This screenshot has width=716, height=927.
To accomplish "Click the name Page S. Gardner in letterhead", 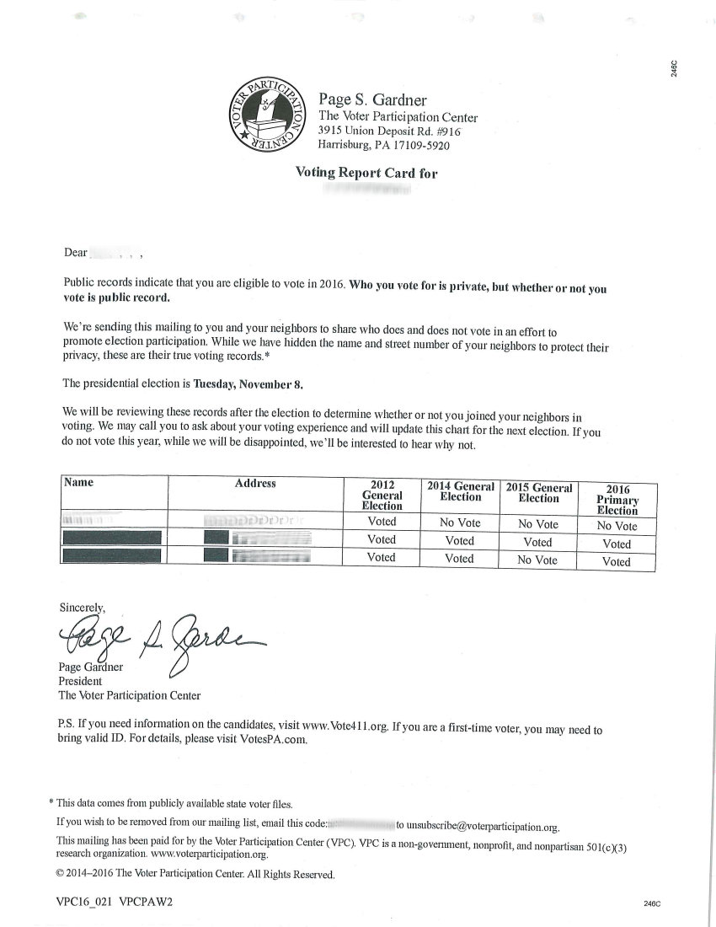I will click(372, 99).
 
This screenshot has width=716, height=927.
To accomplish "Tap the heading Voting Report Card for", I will click(366, 173).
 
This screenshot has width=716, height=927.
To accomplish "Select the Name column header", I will click(78, 483).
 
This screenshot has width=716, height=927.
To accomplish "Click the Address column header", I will click(255, 484).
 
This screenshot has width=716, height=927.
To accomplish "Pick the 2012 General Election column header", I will click(382, 496).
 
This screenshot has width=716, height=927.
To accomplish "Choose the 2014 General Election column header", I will click(460, 491).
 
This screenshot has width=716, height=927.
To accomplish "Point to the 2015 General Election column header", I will click(538, 493).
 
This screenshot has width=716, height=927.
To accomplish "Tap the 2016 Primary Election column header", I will click(617, 499).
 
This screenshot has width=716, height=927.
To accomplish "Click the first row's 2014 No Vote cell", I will click(460, 522).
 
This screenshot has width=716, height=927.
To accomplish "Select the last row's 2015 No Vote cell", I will click(537, 560).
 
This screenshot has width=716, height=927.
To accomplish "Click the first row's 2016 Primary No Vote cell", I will click(617, 526).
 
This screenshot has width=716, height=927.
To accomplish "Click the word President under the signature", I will click(79, 681).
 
